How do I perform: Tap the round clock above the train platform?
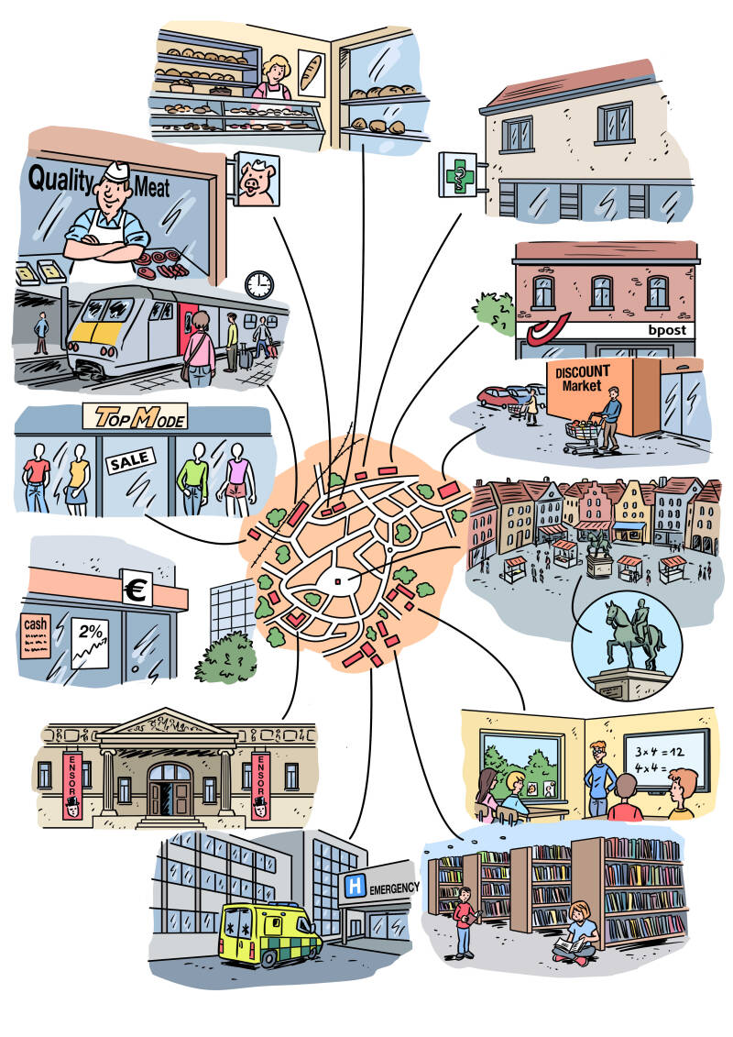tap(259, 284)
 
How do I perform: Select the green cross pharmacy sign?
tap(456, 174)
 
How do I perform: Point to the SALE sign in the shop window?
tap(127, 462)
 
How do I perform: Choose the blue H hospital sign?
tap(353, 886)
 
